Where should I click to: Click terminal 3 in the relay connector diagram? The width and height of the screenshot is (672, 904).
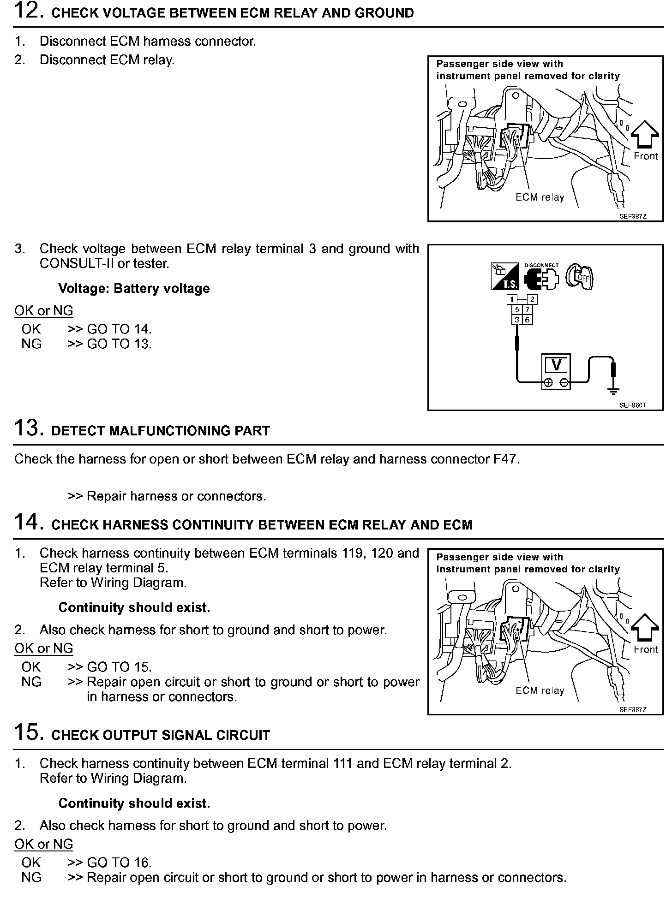coord(517,320)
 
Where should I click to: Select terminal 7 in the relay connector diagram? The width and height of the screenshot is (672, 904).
coord(528,310)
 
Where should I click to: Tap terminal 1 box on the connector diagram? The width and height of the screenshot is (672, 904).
coord(512,299)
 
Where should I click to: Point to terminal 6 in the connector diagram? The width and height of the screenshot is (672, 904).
coord(528,320)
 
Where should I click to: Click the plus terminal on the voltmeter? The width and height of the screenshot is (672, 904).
coord(548,382)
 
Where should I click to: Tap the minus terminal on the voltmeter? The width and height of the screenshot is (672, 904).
coord(564,382)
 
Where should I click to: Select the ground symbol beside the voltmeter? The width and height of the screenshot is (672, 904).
coord(613,391)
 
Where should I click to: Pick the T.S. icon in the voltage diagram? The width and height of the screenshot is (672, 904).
coord(504,277)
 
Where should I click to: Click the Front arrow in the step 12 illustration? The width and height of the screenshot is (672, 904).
coord(645,135)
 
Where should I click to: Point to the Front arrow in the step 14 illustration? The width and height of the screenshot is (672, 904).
coord(645,628)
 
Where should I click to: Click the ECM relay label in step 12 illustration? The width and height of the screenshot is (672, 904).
coord(540,197)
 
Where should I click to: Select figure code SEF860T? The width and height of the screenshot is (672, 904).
coord(632,405)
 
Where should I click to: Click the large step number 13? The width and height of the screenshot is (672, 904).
coord(29,428)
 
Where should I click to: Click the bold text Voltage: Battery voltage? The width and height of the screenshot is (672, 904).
coord(134,289)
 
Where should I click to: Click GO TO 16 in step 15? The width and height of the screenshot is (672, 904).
coord(119,862)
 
